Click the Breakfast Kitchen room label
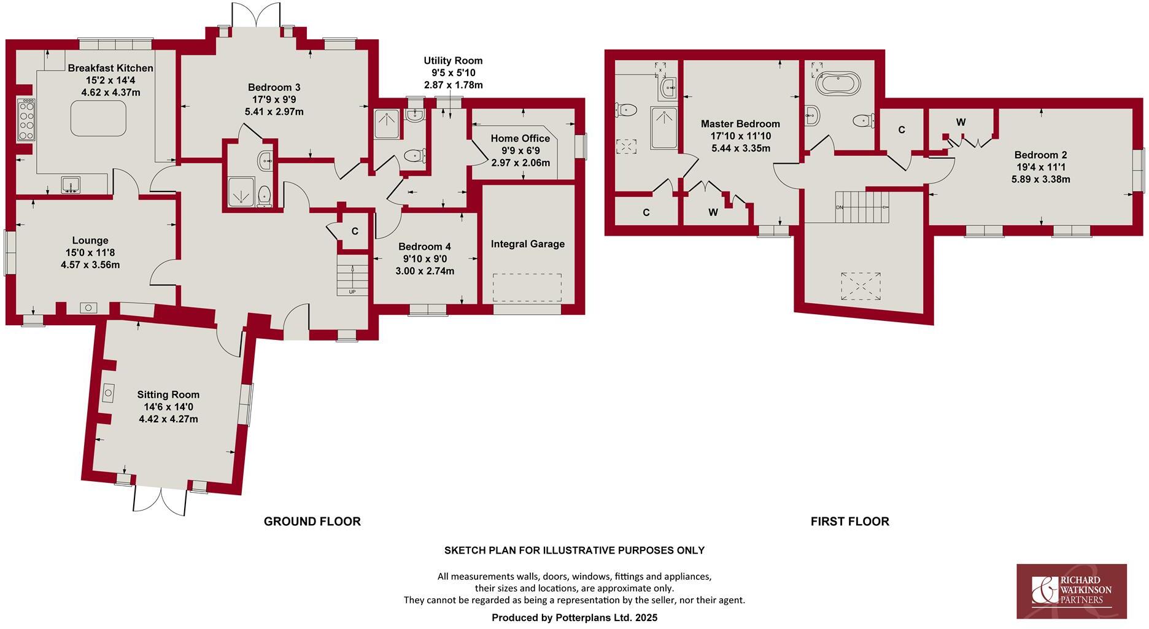tap(110, 68)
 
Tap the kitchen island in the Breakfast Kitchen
tap(99, 118)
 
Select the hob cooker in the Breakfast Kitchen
tap(27, 120)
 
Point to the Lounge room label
tap(90, 241)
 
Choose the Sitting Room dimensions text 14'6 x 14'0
tap(168, 407)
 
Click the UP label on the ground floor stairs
tap(352, 291)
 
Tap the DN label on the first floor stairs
tap(840, 207)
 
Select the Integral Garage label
tap(528, 244)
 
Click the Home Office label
tap(520, 139)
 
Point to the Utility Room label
tap(453, 61)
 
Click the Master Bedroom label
tap(740, 124)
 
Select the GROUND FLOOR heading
tap(312, 522)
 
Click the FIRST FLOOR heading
tap(850, 522)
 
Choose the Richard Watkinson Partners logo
tap(1072, 591)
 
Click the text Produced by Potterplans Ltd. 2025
tap(574, 618)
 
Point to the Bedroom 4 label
tap(425, 247)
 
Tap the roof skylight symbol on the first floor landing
tap(860, 286)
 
